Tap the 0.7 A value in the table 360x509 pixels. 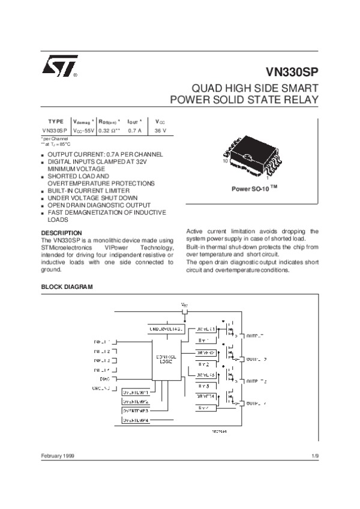(x=136, y=130)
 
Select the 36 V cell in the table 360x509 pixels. (x=160, y=130)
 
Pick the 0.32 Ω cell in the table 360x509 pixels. (x=110, y=130)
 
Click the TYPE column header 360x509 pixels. (x=55, y=121)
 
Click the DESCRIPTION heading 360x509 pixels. (x=61, y=233)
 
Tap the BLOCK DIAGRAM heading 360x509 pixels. (x=67, y=287)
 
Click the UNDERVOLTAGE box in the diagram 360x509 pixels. (x=165, y=330)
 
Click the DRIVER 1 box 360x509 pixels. (x=206, y=329)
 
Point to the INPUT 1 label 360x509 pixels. (x=102, y=341)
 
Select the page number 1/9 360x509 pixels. (x=315, y=457)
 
